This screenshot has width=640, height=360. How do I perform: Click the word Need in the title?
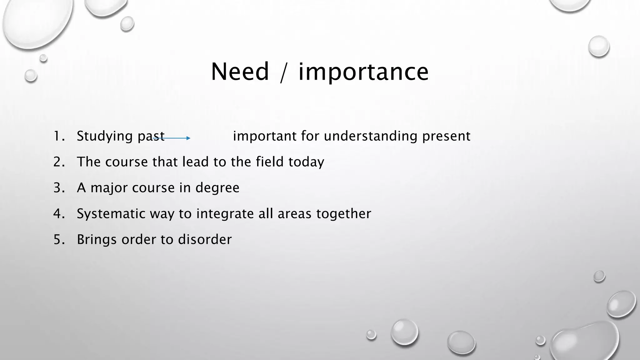[x=240, y=72]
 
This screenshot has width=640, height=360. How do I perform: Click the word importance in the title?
[x=363, y=72]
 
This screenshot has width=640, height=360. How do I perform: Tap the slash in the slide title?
[x=283, y=72]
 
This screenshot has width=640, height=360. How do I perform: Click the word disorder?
[x=205, y=240]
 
